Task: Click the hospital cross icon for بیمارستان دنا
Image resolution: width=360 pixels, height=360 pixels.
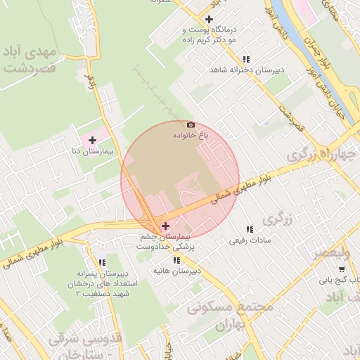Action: tap(92, 140)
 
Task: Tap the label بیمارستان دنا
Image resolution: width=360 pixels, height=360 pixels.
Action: tap(85, 151)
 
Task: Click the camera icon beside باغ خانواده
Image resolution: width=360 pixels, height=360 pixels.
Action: tap(191, 124)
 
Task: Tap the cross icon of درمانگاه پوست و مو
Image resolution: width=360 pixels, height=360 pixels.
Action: tap(208, 19)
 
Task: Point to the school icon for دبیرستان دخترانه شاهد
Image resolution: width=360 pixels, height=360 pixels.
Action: tap(245, 60)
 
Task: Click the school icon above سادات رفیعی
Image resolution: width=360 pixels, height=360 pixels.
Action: tap(249, 229)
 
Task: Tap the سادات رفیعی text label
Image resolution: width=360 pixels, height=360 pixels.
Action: tap(245, 240)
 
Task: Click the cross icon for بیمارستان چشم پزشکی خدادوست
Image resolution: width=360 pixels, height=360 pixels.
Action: tap(165, 226)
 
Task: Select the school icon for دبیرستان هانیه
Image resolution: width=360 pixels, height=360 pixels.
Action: tap(176, 260)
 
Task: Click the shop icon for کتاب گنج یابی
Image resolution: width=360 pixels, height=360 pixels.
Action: tap(342, 269)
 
